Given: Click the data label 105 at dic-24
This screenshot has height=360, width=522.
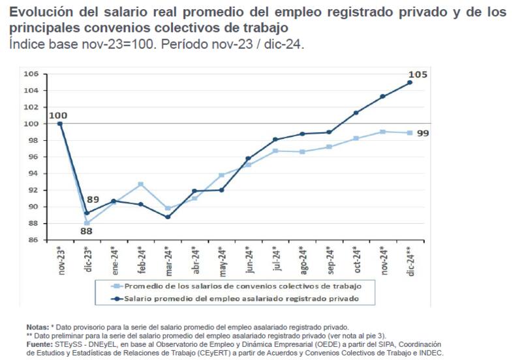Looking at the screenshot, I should point(418,75).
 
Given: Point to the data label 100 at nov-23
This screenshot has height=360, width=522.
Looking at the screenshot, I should point(58,115).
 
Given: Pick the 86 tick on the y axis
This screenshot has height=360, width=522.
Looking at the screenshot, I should point(33,240).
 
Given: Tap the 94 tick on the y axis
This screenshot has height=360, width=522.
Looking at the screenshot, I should point(33,173).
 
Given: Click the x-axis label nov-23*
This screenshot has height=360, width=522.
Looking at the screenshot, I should point(61,258).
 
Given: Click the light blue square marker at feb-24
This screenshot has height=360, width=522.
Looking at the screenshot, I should point(140,185).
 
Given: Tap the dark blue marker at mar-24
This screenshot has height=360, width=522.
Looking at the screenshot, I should point(168,217).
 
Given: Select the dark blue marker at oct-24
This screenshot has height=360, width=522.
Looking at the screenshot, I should point(356,113).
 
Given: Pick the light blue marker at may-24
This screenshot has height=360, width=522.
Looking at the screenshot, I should point(221,175).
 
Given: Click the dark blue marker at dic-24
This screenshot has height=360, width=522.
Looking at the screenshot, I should point(409,82).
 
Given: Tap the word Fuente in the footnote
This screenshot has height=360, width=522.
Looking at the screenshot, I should point(40,344).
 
